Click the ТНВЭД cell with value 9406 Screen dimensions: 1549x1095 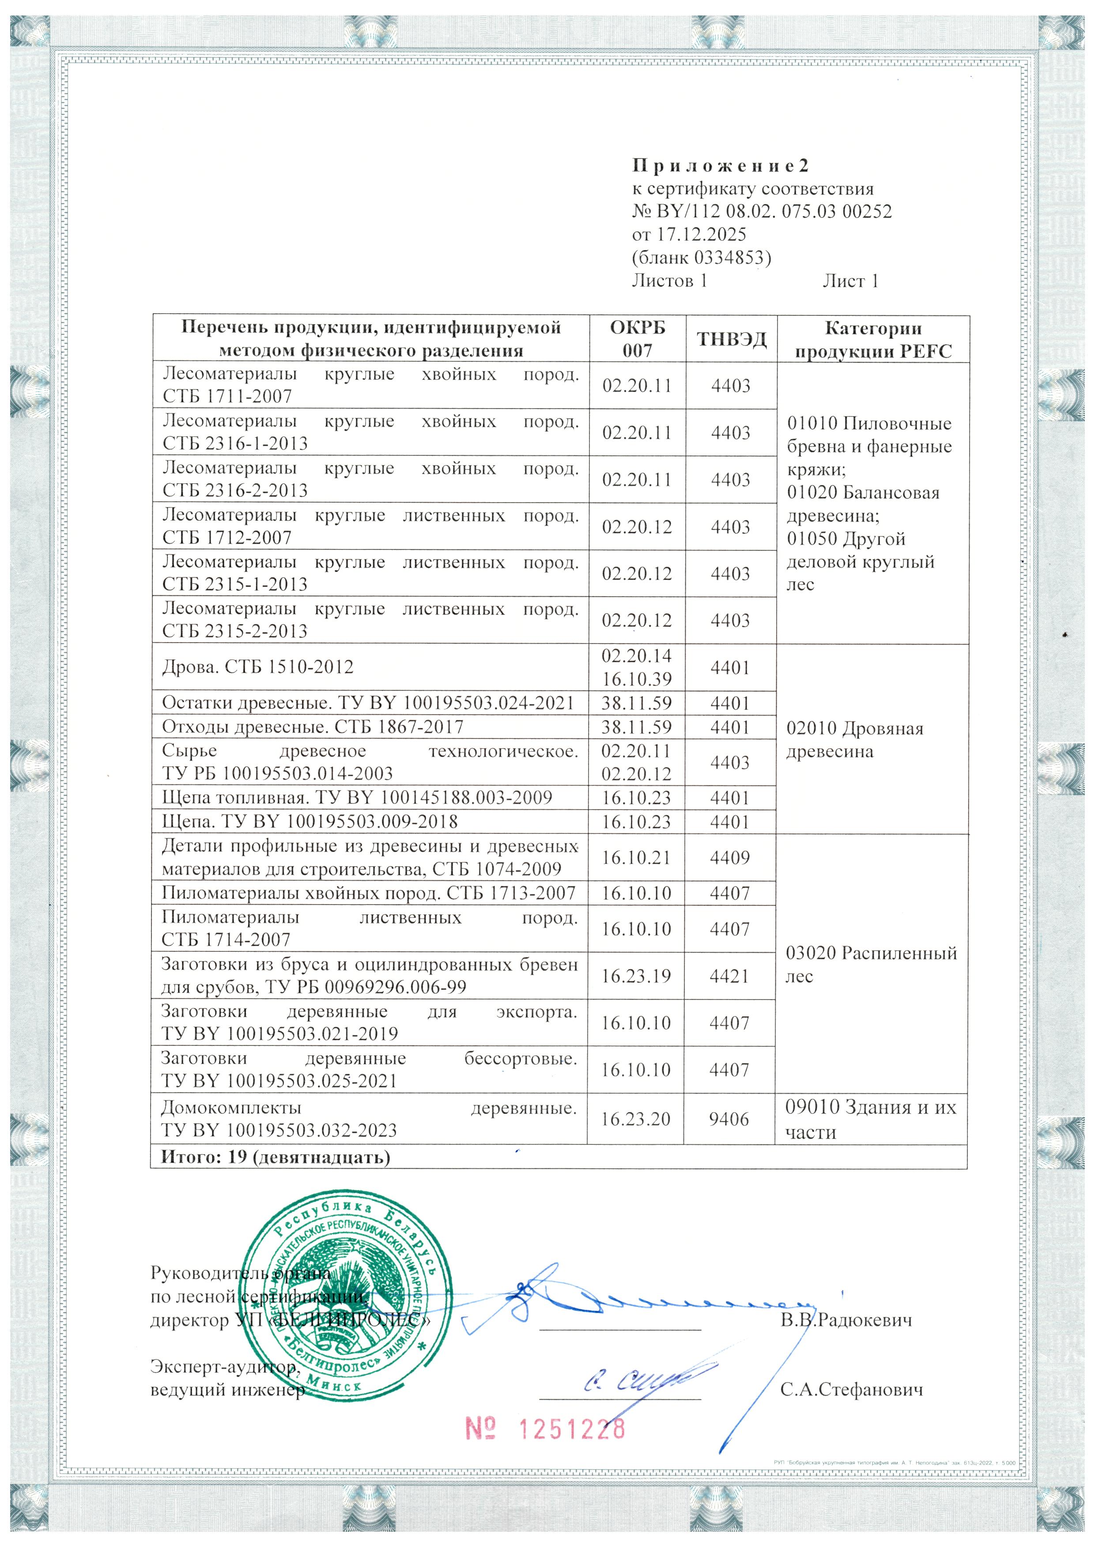coord(729,1119)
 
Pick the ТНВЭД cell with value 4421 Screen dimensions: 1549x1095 coord(729,976)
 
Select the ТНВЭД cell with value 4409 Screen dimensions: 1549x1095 coord(729,857)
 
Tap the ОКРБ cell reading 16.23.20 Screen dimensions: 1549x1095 coord(636,1119)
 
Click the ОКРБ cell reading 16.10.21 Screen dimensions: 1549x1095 coord(636,857)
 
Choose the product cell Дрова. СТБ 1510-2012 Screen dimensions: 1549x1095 coord(257,667)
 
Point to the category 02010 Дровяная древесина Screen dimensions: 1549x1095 coord(854,739)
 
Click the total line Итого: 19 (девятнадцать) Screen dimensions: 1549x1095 coord(275,1157)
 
